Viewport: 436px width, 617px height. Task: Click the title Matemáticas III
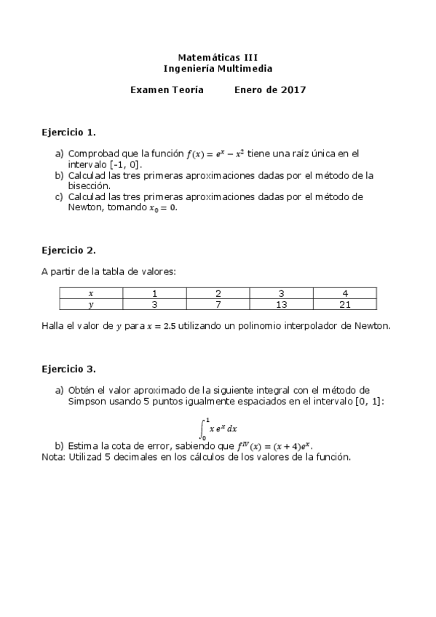click(218, 57)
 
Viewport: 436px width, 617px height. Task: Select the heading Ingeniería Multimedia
click(218, 68)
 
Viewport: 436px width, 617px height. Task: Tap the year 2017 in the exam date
click(293, 90)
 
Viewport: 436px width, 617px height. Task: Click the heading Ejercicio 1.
click(68, 133)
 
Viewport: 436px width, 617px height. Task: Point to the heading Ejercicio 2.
click(68, 250)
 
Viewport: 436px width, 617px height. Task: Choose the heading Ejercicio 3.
click(68, 369)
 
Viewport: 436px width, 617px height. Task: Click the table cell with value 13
click(281, 305)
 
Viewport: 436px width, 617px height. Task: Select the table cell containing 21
click(344, 305)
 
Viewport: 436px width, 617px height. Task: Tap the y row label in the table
click(91, 305)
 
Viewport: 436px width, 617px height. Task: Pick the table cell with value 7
click(218, 305)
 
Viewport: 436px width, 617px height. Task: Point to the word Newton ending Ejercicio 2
click(372, 326)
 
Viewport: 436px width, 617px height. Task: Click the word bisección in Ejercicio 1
click(89, 186)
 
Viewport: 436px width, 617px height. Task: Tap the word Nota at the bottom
click(52, 457)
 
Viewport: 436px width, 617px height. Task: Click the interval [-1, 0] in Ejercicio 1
click(124, 164)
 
